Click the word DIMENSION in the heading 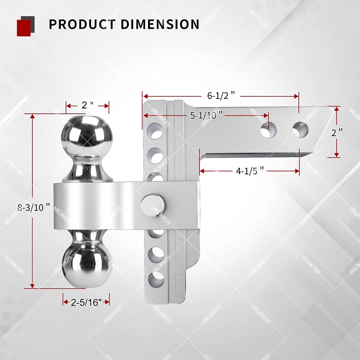[160, 24]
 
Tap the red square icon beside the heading [24, 28]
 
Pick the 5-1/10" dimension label [206, 115]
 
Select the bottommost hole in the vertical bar [156, 279]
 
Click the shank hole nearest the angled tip [300, 129]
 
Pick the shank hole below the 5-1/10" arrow [268, 129]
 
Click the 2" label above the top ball [87, 105]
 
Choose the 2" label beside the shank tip [337, 132]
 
